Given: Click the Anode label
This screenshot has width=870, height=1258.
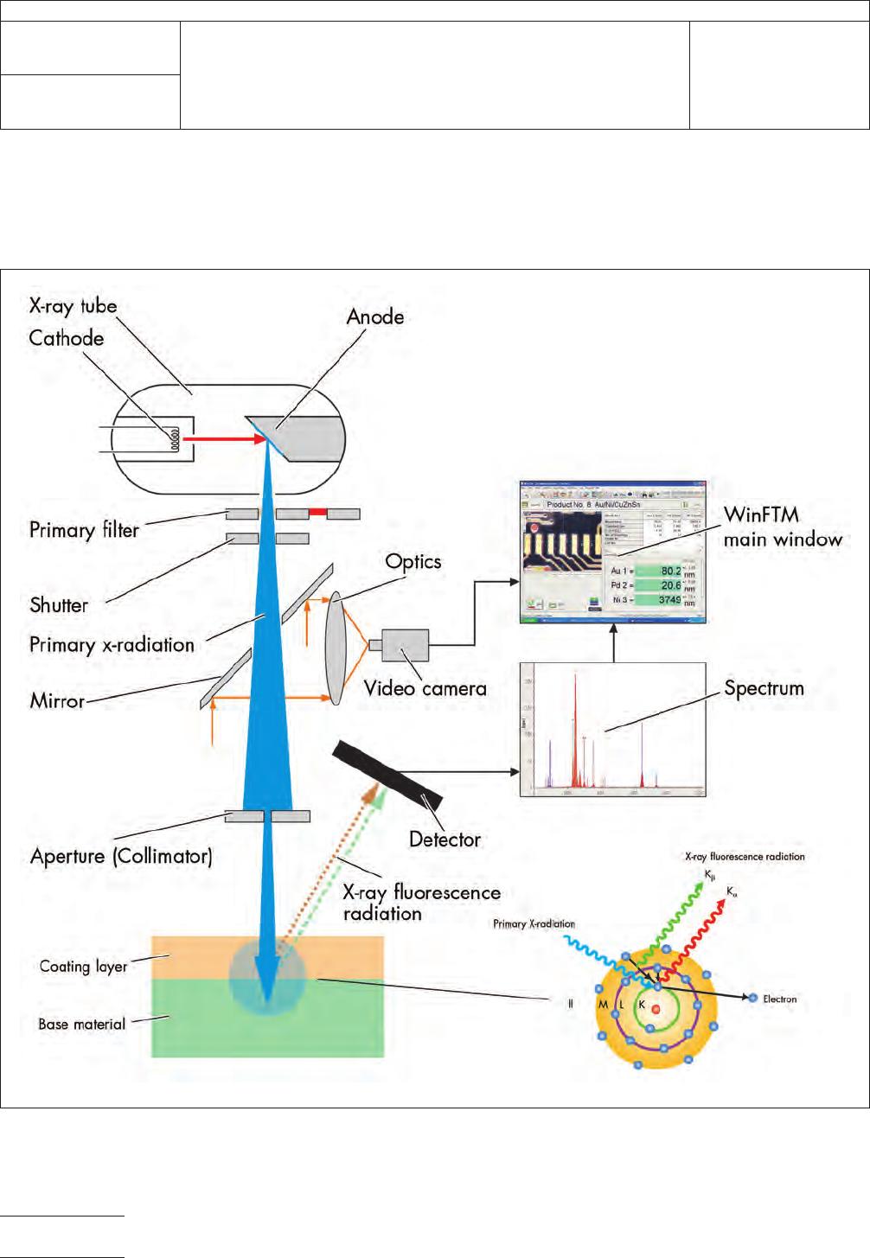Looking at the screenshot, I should point(375,317).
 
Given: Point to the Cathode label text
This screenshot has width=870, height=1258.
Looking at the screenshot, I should point(67,339).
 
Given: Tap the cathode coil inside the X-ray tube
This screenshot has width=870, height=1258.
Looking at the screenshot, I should point(175,438).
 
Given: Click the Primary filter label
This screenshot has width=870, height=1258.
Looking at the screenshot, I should point(84,530).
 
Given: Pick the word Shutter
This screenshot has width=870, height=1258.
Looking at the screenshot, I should point(59,605).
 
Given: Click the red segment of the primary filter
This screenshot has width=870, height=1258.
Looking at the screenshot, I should point(317,513).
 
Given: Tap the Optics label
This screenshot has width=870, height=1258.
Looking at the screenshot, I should point(413,562).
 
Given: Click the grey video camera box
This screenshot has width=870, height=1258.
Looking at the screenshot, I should point(406,646).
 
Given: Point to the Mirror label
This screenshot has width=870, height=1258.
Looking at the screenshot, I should point(57,701).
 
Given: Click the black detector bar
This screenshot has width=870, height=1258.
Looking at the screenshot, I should point(387,775).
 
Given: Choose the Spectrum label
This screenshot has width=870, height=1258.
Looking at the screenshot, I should point(764,689).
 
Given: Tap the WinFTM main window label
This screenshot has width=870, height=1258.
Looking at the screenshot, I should point(783,527).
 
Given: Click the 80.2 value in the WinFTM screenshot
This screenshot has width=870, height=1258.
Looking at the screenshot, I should point(670,571).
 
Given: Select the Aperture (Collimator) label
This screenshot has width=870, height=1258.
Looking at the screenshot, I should point(121,856).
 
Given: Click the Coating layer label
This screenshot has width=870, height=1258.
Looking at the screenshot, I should point(83,967).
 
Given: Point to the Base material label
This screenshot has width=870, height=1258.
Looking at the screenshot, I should point(82,1025).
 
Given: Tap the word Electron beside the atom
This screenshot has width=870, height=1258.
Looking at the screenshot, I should point(779,999).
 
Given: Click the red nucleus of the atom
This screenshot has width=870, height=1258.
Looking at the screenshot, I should point(656,1008).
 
